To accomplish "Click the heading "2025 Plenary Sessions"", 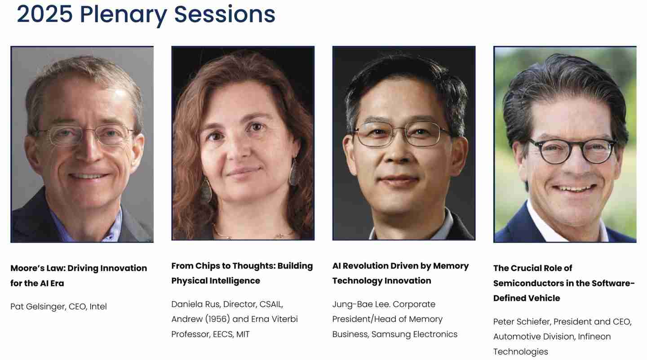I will (x=146, y=14).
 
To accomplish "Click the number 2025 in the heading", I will (x=44, y=14).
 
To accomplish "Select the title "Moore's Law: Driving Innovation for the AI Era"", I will (x=79, y=276).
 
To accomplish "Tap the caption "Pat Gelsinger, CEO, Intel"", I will (x=58, y=307).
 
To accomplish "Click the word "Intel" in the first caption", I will (x=98, y=307).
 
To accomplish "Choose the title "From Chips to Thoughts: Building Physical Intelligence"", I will (x=242, y=273).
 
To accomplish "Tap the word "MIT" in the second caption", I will (x=243, y=334).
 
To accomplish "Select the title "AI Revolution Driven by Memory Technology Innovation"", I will (x=400, y=273).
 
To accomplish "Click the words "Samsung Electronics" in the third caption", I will (x=414, y=334).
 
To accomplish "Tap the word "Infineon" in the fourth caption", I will (x=594, y=337).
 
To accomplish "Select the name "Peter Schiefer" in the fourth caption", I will (x=521, y=322).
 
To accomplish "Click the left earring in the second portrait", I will (x=206, y=191).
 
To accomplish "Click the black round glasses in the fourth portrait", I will (x=572, y=150).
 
